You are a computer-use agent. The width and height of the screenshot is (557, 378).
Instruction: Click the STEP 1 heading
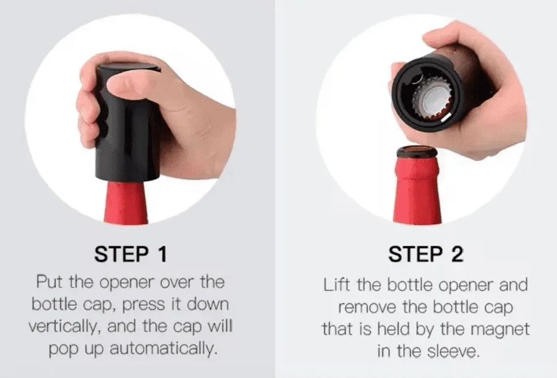click(131, 254)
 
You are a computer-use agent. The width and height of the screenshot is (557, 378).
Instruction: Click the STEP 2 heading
click(426, 254)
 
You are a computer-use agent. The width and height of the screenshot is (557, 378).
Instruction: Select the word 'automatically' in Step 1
click(163, 349)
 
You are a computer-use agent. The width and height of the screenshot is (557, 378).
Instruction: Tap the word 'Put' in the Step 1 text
click(49, 282)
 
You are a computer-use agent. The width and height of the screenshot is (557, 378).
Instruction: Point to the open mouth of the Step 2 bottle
click(417, 151)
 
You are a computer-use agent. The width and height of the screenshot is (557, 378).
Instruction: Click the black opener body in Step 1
click(126, 125)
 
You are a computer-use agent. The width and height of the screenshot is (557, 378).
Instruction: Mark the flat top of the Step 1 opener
click(129, 66)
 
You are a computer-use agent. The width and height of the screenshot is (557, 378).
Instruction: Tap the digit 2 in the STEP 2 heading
click(457, 254)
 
